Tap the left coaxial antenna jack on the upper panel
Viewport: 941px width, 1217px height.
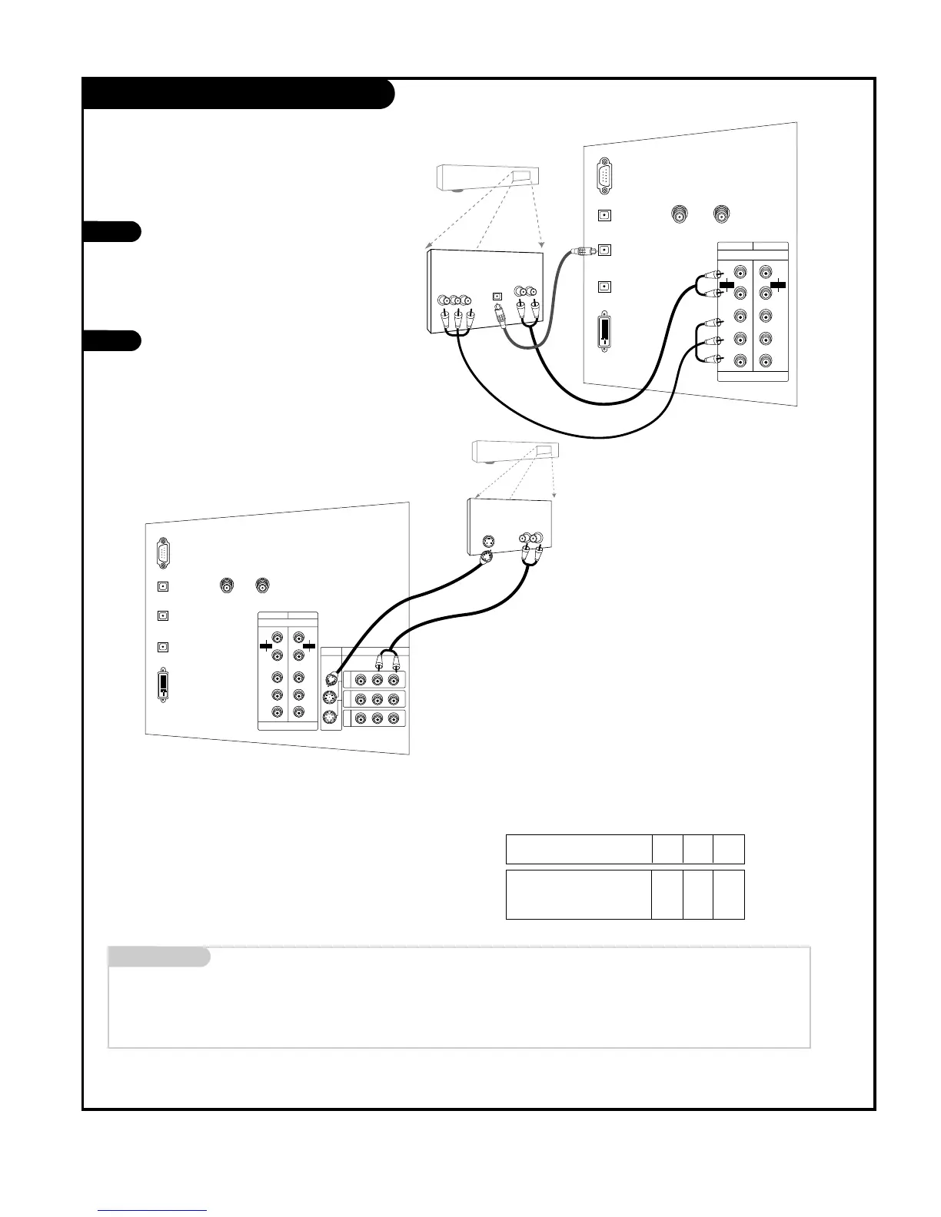(680, 214)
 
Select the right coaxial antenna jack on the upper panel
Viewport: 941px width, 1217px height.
(721, 214)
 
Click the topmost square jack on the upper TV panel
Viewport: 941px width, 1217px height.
(605, 216)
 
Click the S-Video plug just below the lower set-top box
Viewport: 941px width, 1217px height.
(486, 558)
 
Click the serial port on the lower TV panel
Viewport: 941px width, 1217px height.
(163, 552)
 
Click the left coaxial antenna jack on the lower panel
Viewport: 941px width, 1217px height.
(227, 585)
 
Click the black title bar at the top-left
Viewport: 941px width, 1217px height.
(238, 93)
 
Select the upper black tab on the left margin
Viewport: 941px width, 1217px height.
(111, 231)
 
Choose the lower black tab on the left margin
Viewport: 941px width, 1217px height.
(111, 340)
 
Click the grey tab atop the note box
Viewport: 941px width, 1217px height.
(158, 957)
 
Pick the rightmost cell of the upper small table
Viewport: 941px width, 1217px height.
(729, 849)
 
